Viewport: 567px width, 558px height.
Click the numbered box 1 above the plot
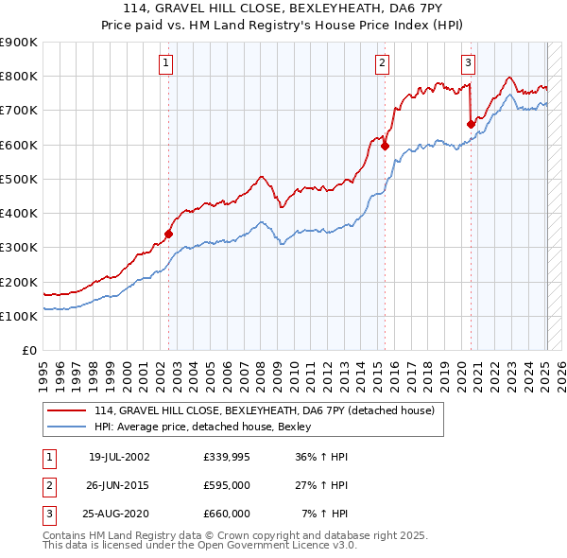pos(165,63)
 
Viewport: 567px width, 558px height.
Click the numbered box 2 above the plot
pos(382,63)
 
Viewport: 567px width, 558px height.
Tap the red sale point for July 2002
pos(169,234)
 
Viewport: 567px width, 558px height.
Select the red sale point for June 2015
pos(386,146)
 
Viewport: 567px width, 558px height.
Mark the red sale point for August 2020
pos(471,123)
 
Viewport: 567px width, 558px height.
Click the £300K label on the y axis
pos(19,248)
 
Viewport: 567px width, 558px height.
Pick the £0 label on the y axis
pos(27,351)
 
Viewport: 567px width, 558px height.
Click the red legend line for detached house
pos(67,411)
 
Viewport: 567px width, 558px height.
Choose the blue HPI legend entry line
pos(67,427)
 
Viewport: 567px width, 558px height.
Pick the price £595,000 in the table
pos(227,486)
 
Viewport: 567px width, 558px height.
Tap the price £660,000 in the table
pos(227,514)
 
